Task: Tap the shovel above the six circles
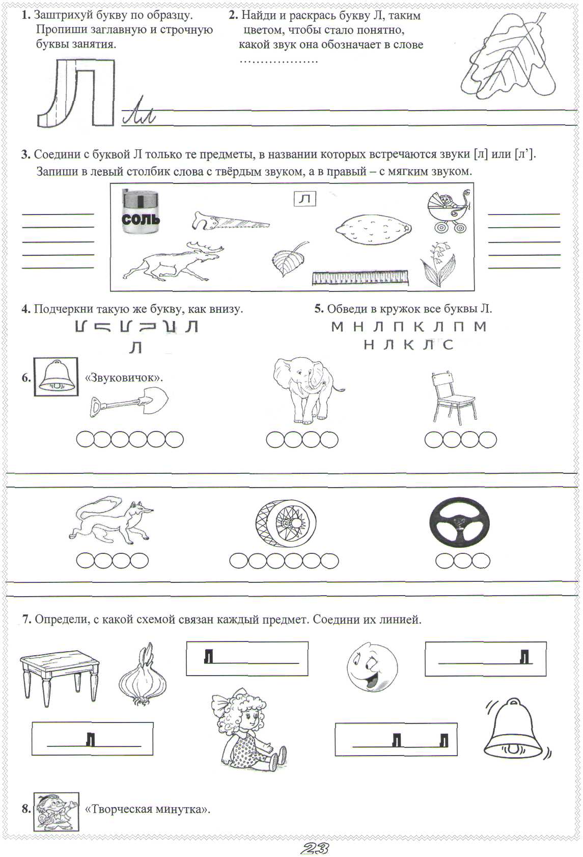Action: [129, 401]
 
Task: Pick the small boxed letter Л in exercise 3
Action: [305, 199]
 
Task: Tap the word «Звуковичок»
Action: [124, 378]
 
